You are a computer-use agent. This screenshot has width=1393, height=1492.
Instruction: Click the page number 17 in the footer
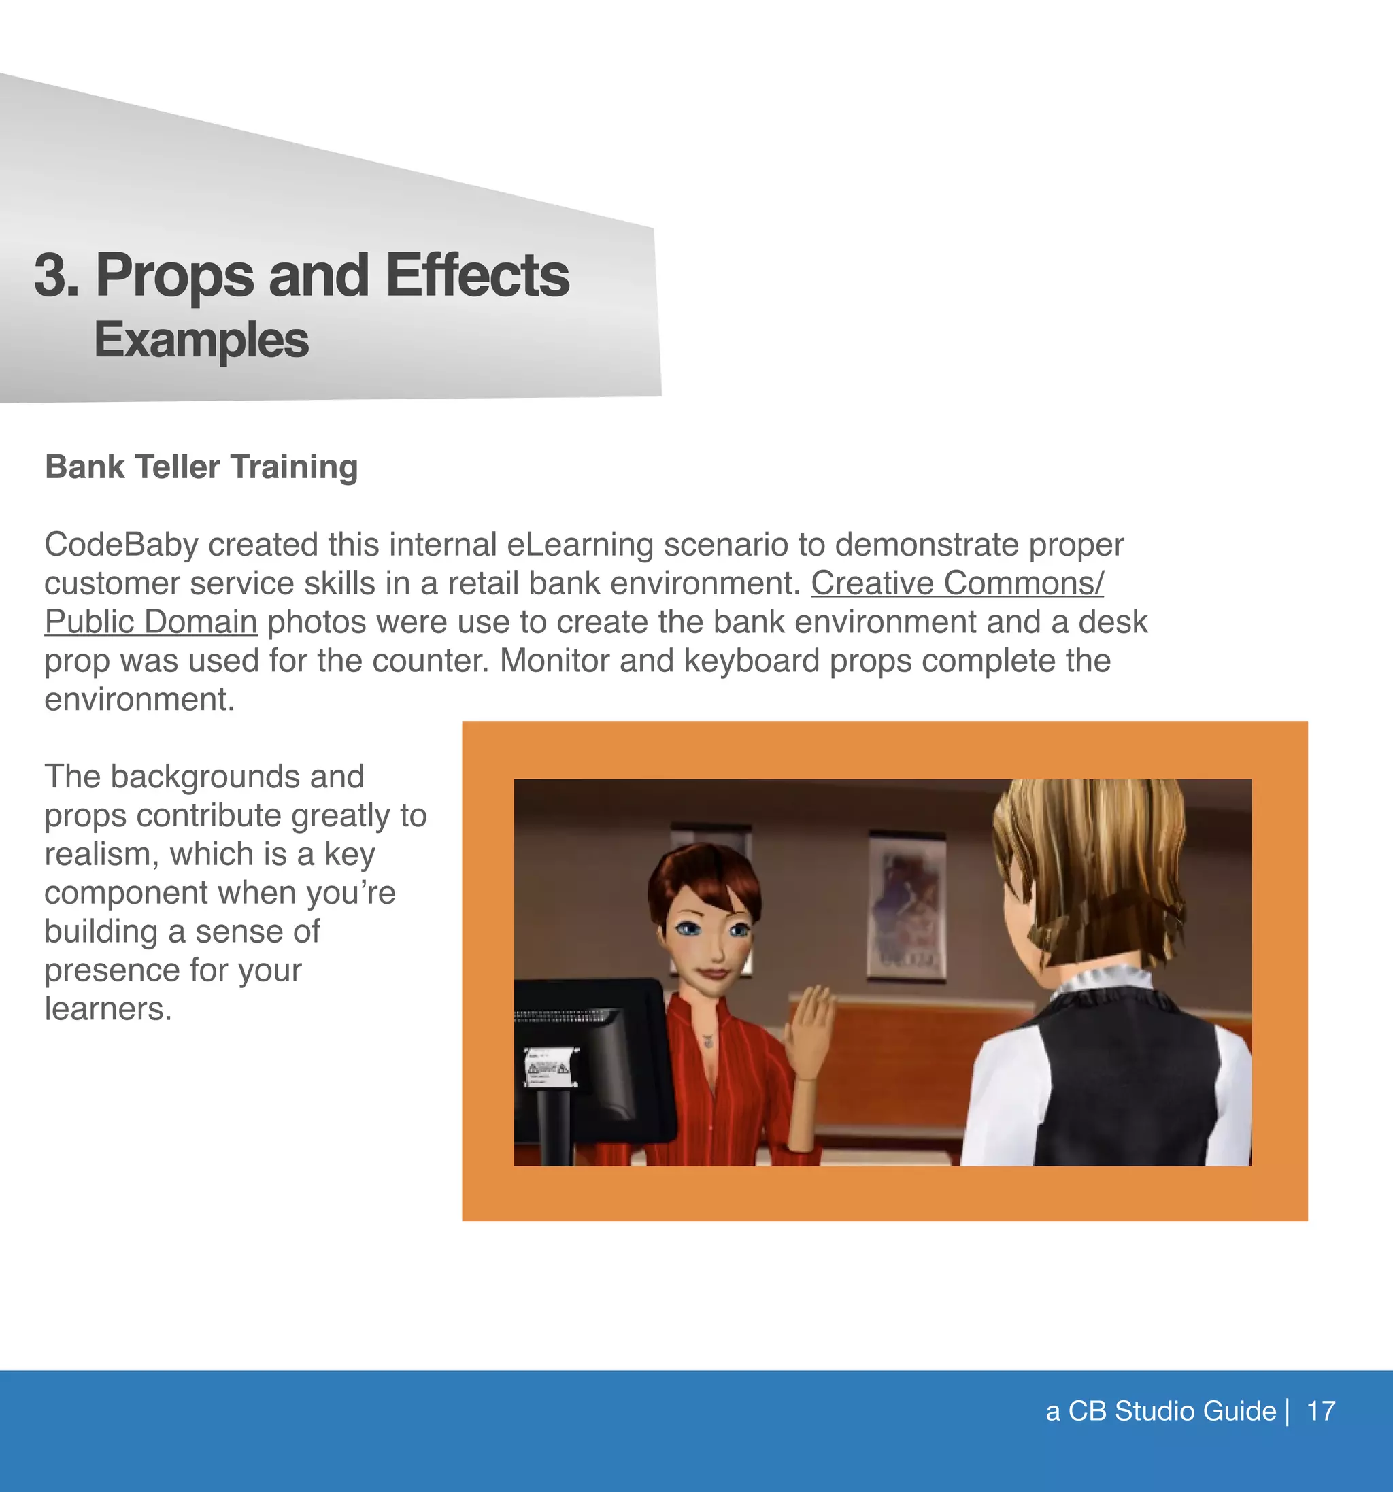point(1321,1412)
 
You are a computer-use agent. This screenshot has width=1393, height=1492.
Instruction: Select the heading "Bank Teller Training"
point(201,467)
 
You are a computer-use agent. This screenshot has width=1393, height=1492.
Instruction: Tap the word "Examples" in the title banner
point(201,340)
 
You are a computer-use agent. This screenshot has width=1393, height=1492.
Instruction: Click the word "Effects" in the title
point(477,275)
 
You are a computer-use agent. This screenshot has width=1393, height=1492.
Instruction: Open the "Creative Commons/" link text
point(957,583)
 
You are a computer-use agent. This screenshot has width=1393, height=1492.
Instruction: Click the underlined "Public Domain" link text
point(151,622)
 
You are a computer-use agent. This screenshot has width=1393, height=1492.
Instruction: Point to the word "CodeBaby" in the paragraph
point(121,545)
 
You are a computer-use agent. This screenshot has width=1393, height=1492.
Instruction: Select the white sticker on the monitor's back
point(549,1066)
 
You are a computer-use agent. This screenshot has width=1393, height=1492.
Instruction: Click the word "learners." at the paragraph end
point(108,1008)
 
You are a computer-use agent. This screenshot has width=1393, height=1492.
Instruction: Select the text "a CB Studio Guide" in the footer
point(1160,1412)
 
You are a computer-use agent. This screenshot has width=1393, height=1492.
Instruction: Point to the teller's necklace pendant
point(707,1041)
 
